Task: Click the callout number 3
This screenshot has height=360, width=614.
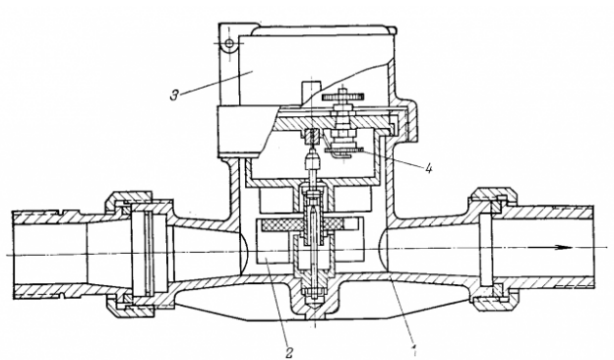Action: click(174, 95)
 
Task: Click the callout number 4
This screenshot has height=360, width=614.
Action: click(429, 168)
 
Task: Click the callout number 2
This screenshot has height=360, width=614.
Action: click(289, 353)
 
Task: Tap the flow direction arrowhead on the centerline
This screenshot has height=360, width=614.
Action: click(565, 247)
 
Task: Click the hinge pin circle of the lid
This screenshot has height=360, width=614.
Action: click(230, 42)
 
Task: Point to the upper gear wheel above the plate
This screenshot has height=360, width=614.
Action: click(342, 95)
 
